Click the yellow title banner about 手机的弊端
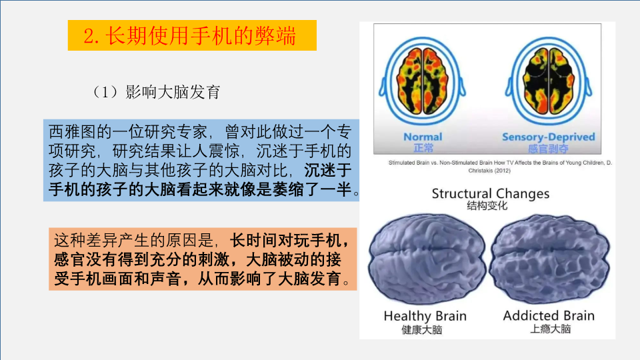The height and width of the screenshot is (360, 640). pyautogui.click(x=192, y=35)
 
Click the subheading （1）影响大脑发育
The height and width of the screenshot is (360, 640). pyautogui.click(x=156, y=92)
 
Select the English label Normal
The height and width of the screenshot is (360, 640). pyautogui.click(x=423, y=137)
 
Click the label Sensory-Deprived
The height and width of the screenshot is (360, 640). pyautogui.click(x=548, y=137)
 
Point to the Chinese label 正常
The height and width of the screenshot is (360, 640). pyautogui.click(x=423, y=147)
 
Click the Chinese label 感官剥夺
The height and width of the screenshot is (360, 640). pyautogui.click(x=548, y=149)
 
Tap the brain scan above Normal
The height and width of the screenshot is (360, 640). pyautogui.click(x=423, y=81)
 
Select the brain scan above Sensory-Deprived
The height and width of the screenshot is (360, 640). pyautogui.click(x=549, y=81)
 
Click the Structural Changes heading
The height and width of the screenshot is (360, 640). pyautogui.click(x=490, y=193)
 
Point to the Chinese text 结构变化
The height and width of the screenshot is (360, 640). pyautogui.click(x=487, y=206)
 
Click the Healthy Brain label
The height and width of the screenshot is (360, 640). pyautogui.click(x=425, y=316)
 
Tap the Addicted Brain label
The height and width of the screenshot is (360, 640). pyautogui.click(x=549, y=315)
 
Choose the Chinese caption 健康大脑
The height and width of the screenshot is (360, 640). pyautogui.click(x=422, y=329)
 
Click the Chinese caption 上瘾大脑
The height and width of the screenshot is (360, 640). pyautogui.click(x=550, y=329)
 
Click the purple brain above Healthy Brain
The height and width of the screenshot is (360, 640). pyautogui.click(x=427, y=259)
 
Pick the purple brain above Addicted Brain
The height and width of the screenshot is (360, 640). pyautogui.click(x=549, y=259)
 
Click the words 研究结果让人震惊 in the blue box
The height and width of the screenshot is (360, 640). pyautogui.click(x=176, y=151)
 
